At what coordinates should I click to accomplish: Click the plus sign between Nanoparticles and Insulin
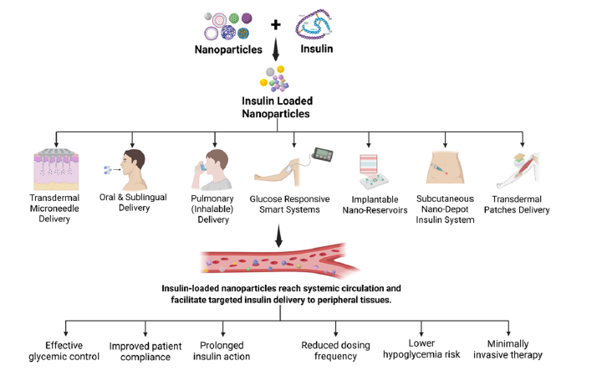tap(276, 24)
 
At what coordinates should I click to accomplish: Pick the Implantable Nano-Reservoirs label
tap(370, 204)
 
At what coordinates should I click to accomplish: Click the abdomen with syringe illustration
tap(446, 170)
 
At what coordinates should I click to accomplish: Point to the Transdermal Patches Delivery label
tap(523, 204)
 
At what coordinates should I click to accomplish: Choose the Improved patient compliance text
tap(145, 350)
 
